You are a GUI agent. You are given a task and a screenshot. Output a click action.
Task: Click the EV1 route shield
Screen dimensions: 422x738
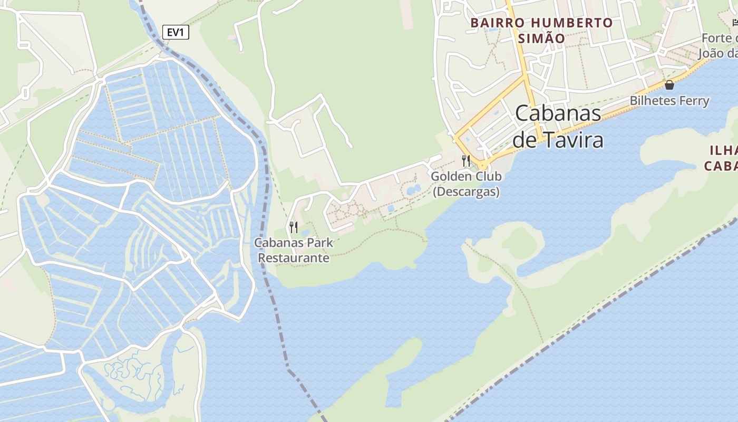coord(175,33)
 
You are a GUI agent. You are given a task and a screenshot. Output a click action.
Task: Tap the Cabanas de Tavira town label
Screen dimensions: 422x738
coord(558,127)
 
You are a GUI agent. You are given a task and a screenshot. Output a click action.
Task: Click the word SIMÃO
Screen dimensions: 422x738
coord(541,39)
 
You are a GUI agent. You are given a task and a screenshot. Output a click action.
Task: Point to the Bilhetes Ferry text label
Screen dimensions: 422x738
coord(669,101)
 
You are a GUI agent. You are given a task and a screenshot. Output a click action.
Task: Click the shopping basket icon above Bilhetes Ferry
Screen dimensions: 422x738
coord(669,84)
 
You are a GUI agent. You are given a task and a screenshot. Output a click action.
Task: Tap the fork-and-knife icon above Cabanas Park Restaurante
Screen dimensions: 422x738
coord(294,227)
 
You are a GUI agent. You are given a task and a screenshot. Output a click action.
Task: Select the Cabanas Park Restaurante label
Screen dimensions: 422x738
coord(294,250)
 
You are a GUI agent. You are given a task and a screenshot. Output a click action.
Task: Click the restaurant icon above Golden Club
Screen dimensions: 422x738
coord(466,160)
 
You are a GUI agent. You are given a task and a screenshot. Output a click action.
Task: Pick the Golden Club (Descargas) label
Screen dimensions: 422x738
coord(466,184)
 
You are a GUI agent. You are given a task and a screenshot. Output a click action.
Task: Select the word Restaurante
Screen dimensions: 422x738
coord(294,258)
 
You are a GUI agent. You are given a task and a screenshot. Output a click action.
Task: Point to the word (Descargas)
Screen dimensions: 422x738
coord(466,191)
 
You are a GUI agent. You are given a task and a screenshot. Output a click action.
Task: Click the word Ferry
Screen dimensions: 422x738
coord(693,101)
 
